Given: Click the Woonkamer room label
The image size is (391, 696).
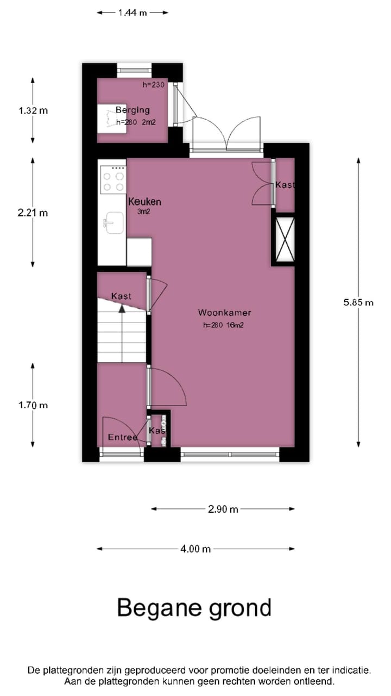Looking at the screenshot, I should (224, 313).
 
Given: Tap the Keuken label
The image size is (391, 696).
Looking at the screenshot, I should (144, 202).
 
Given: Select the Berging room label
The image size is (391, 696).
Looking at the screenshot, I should (133, 110).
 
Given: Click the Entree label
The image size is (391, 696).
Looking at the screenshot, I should (122, 437).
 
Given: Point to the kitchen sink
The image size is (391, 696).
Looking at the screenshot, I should (114, 222).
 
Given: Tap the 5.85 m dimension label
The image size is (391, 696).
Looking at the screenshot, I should (358, 302).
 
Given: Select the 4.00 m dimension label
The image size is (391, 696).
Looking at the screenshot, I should (195, 549).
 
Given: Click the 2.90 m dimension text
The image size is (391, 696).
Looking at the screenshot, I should (223, 509).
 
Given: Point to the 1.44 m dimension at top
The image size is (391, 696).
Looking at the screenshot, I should (133, 13).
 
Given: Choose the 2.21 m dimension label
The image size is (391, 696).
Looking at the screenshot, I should (33, 213).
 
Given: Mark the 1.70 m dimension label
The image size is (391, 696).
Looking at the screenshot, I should (33, 405).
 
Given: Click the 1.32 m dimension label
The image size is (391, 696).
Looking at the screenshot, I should (33, 110).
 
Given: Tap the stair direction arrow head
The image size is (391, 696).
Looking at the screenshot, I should (122, 308).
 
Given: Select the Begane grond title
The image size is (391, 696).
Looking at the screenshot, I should (194, 607).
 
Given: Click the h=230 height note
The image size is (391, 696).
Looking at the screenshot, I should (154, 85).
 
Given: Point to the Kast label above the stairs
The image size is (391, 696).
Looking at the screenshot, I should (121, 296).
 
